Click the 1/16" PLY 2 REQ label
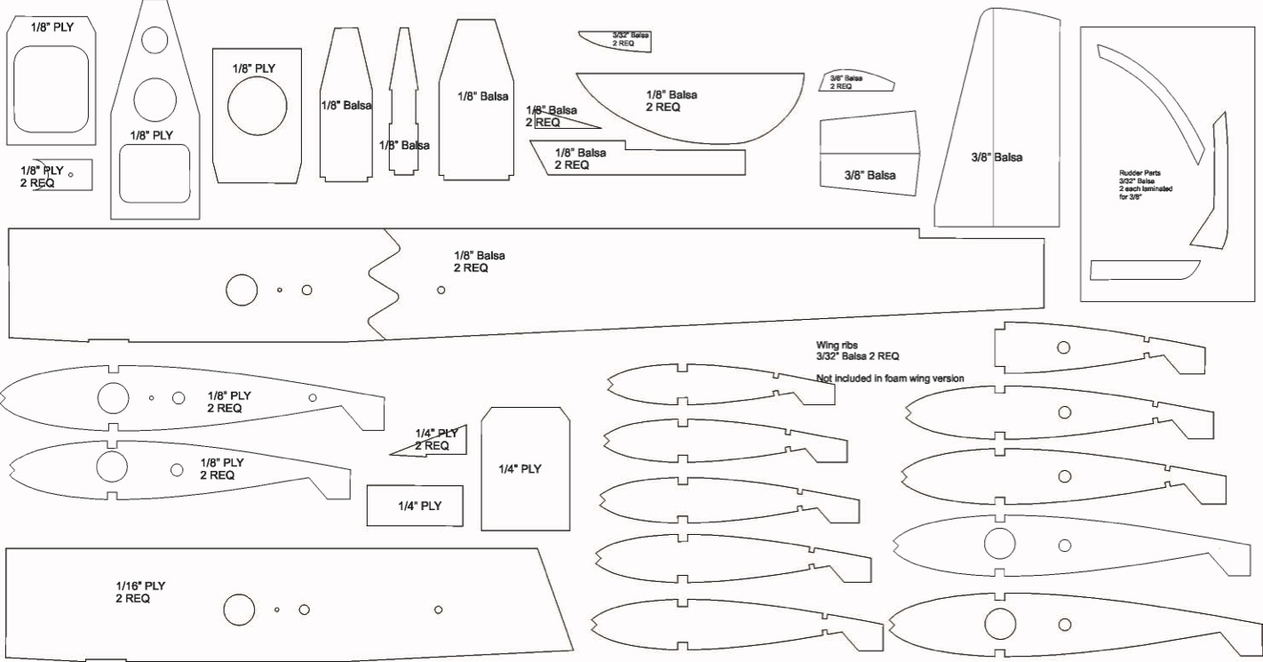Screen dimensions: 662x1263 (140, 592)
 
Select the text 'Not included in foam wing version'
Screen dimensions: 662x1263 (890, 379)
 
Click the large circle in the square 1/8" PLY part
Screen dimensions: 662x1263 (257, 105)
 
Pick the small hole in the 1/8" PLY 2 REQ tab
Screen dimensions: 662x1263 (71, 174)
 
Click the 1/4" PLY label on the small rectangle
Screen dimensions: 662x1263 (419, 506)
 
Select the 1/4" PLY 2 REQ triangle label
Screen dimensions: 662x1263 (436, 439)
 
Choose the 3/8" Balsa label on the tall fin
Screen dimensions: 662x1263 (997, 157)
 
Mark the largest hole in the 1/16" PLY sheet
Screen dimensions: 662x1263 (237, 610)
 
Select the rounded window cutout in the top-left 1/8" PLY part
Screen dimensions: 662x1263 (52, 89)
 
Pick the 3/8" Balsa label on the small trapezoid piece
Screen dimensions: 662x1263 (870, 175)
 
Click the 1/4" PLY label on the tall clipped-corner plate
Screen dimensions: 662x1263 (520, 468)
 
